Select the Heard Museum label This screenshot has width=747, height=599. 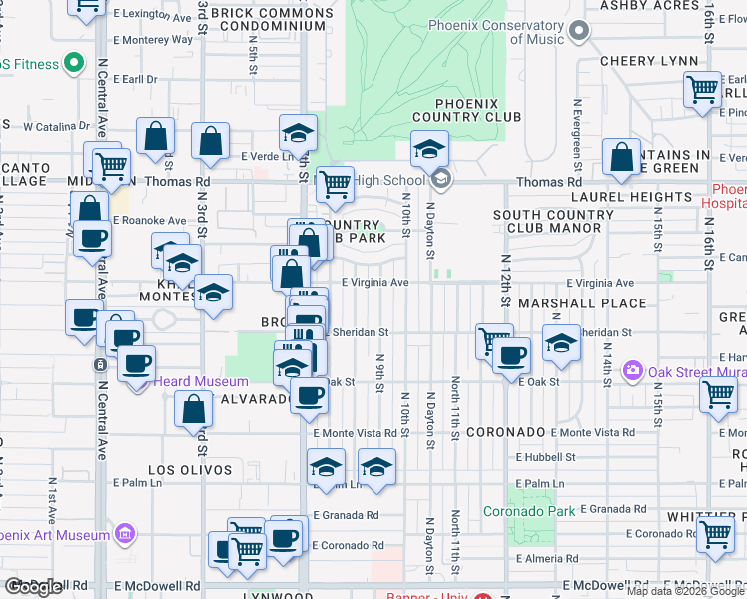pos(200,382)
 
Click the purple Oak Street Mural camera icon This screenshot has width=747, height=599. pos(631,372)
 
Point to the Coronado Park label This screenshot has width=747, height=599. pos(529,511)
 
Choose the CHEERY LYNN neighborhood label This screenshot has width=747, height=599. pos(649,61)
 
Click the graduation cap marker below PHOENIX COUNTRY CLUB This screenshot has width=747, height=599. pos(428,150)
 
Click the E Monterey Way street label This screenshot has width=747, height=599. pos(152,40)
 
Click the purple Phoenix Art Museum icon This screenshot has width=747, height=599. pos(125,534)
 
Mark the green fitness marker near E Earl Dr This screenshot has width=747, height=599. pos(72,64)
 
